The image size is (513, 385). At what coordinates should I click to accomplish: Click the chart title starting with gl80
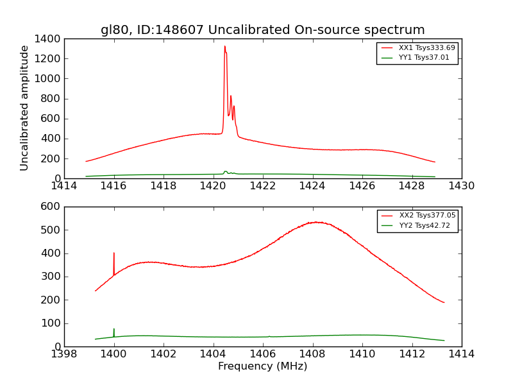coord(262,30)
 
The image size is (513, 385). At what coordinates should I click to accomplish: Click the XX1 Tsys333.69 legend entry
coord(426,47)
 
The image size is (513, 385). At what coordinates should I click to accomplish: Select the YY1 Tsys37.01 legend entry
coord(424,58)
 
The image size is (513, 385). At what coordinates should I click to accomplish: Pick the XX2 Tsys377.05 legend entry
coord(427,216)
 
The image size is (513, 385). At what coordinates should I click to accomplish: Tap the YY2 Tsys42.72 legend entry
coord(425,226)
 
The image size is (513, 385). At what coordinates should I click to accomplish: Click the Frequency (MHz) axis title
coord(262,366)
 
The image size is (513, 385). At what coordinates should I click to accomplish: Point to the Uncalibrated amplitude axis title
coord(25,108)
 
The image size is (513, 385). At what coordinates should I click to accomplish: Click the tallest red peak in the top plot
coord(224,46)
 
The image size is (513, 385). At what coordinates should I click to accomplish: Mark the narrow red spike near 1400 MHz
coord(114,253)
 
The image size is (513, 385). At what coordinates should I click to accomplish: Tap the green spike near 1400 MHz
coord(114,329)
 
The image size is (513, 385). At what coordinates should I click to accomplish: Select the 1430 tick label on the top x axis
coord(461,186)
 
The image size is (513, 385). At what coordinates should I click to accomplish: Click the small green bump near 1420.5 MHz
coord(225,171)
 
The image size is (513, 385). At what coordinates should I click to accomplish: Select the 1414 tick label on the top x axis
coord(64,186)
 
